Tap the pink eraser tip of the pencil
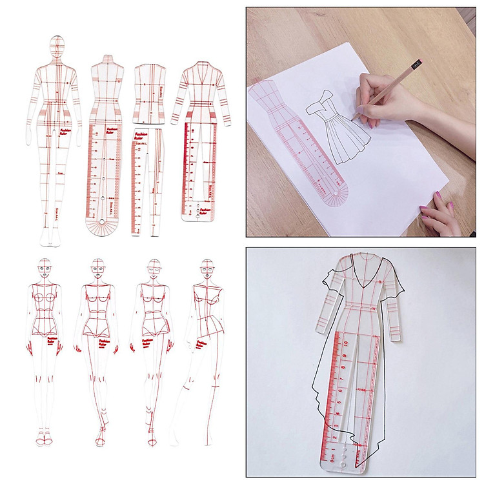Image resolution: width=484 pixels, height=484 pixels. click(x=418, y=63)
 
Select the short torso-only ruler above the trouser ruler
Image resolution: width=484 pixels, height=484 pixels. click(x=149, y=93)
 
